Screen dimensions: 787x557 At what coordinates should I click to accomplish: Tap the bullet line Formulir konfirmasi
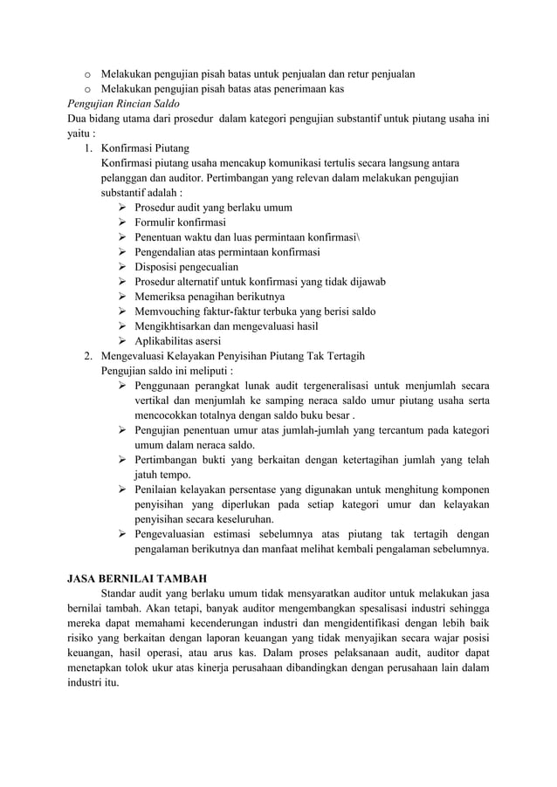tap(179, 222)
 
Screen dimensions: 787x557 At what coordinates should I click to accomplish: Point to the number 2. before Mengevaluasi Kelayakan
tap(88, 356)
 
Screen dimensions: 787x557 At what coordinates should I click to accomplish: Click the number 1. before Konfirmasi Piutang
tap(88, 148)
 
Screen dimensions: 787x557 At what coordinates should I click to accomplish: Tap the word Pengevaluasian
tap(175, 534)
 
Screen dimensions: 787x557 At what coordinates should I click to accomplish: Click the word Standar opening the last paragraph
tap(120, 593)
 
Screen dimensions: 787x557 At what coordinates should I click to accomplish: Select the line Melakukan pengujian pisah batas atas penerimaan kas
tap(223, 89)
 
